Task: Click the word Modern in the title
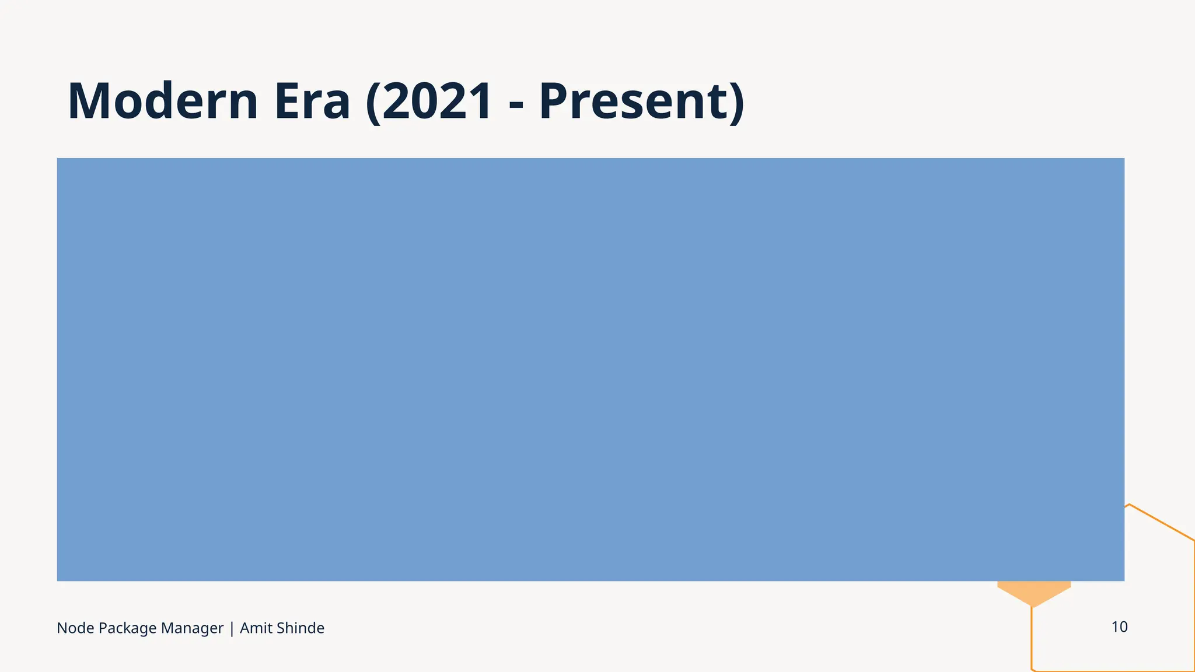point(163,101)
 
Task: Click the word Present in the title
point(633,101)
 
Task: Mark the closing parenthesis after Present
point(737,103)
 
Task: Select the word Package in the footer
point(127,629)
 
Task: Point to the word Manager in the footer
point(192,629)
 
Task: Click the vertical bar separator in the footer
point(232,629)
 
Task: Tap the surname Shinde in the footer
point(300,628)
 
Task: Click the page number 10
point(1119,627)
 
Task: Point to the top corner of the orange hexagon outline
point(1130,505)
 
